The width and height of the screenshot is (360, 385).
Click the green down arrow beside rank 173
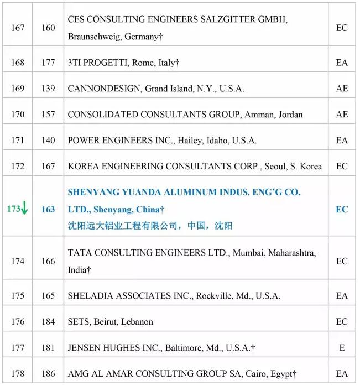tap(25, 209)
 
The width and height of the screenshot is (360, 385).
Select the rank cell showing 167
tap(18, 28)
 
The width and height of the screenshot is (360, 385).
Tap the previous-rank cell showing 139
tap(48, 89)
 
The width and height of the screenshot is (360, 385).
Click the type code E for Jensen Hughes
tap(342, 348)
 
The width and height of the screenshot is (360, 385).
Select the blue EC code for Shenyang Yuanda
tap(342, 209)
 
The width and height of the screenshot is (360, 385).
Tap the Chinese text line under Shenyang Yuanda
tap(149, 225)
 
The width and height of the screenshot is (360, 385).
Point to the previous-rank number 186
tap(48, 374)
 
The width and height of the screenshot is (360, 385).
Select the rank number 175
tap(18, 296)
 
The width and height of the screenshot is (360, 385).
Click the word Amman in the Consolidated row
tap(257, 115)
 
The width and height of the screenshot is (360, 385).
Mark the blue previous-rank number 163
tap(48, 209)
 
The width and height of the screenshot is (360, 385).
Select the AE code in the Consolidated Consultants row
tap(342, 115)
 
